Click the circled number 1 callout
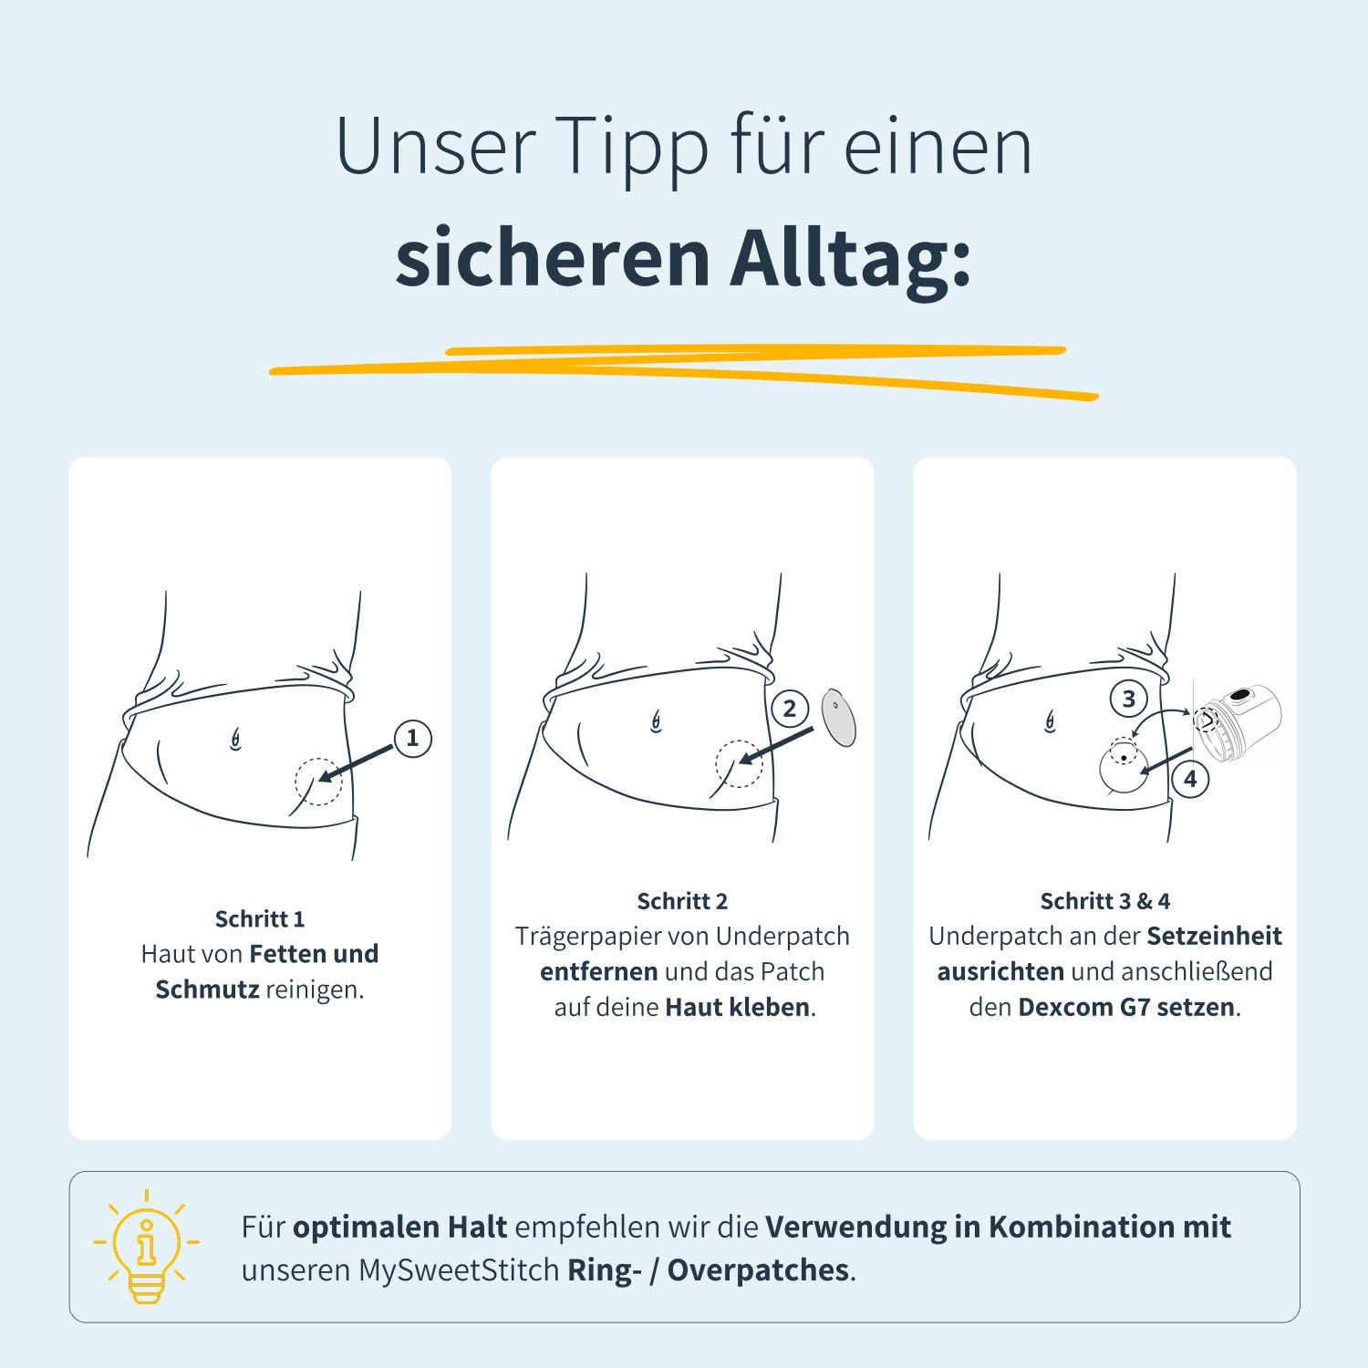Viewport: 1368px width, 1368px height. point(412,738)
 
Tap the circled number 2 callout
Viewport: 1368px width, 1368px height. point(790,709)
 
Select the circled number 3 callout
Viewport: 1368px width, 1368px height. point(1128,699)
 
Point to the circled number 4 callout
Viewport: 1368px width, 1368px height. point(1190,779)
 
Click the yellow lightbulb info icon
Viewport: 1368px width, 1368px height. point(147,1246)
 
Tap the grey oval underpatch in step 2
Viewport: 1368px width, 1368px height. point(838,718)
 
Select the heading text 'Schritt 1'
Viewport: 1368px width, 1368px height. point(260,918)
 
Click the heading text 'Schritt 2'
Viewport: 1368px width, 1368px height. point(682,901)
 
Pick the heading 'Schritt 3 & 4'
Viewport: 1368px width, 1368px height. point(1104,901)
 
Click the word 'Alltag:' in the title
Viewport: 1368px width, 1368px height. point(850,258)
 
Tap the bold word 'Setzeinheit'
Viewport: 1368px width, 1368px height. point(1214,936)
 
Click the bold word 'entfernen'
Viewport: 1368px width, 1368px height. point(598,971)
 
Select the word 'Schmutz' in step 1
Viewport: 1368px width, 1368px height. point(207,990)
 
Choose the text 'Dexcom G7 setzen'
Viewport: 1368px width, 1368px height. point(1125,1007)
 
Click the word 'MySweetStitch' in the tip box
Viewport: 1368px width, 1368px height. point(459,1270)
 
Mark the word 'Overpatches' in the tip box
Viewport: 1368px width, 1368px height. point(758,1270)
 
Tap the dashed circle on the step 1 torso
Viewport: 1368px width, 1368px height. point(318,782)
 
